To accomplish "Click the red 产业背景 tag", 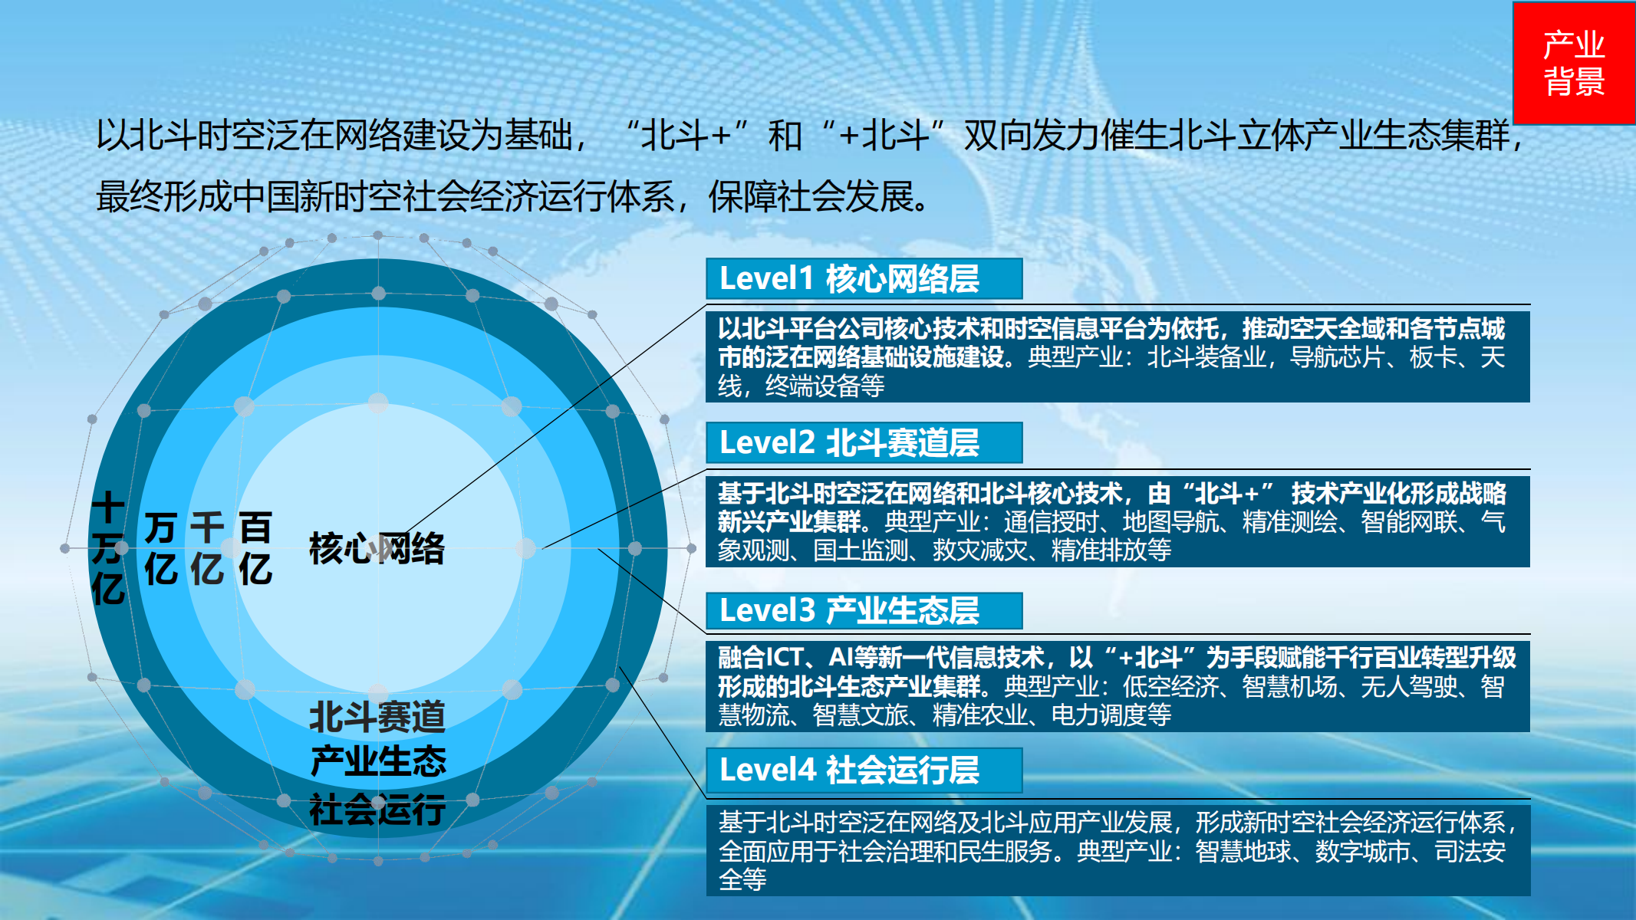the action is (x=1574, y=63).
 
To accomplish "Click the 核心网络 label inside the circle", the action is (x=377, y=549).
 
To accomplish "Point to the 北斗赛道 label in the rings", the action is (x=377, y=718).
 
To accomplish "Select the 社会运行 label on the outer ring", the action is (x=377, y=809).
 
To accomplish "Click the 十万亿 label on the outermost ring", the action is (x=108, y=548).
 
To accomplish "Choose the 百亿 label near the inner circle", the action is (x=255, y=548).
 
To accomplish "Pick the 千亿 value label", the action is (x=207, y=548).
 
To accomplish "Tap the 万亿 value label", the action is (x=161, y=548).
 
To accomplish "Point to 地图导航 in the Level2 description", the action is (x=1170, y=522).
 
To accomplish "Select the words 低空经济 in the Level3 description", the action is (x=1170, y=686).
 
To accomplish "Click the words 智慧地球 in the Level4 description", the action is (x=1243, y=851).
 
